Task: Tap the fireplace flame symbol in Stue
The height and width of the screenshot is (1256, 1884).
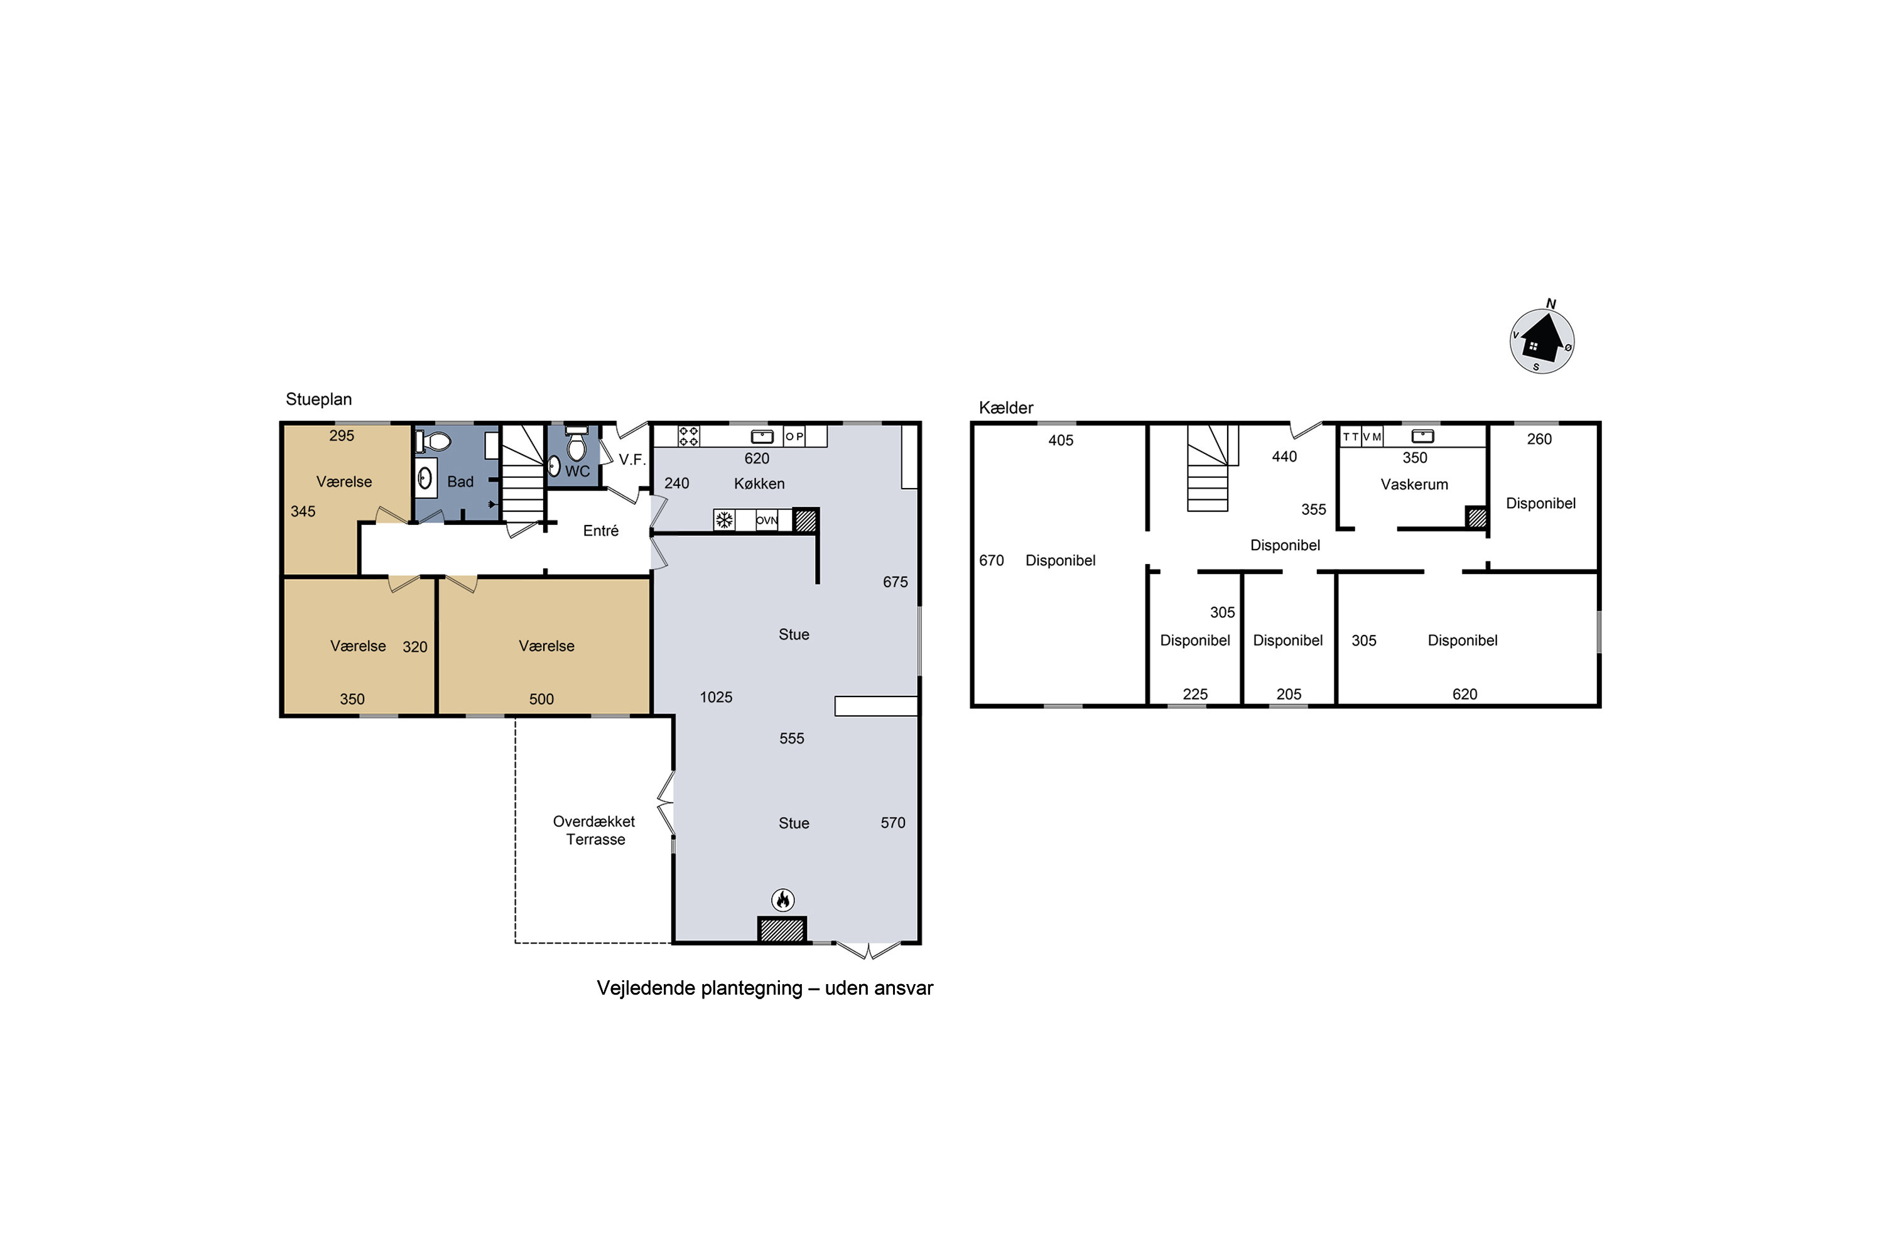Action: pos(782,899)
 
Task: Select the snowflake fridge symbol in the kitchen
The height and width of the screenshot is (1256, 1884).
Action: pos(724,521)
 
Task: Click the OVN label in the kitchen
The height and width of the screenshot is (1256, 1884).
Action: pos(767,521)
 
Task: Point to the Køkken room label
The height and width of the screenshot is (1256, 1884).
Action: pos(759,484)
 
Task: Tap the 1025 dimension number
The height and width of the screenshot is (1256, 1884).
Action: pos(716,698)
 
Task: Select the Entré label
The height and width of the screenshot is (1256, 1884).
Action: pos(601,530)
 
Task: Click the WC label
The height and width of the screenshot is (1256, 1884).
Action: pos(578,472)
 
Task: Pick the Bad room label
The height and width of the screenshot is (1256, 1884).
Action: pos(460,482)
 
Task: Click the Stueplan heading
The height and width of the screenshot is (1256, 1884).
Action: pos(319,399)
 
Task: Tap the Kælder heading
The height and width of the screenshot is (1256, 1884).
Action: pos(1006,408)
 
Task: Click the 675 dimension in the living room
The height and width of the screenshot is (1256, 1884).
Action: pos(896,582)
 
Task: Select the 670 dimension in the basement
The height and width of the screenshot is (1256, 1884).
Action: pos(992,561)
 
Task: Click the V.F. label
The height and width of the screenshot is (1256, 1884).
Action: pos(632,460)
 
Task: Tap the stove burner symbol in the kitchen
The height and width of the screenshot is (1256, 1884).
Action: pos(689,436)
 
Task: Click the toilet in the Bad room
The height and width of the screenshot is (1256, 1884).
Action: pos(433,441)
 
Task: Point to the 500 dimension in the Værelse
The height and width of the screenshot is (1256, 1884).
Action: pos(541,700)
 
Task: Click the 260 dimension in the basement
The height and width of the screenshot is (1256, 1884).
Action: pos(1540,439)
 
